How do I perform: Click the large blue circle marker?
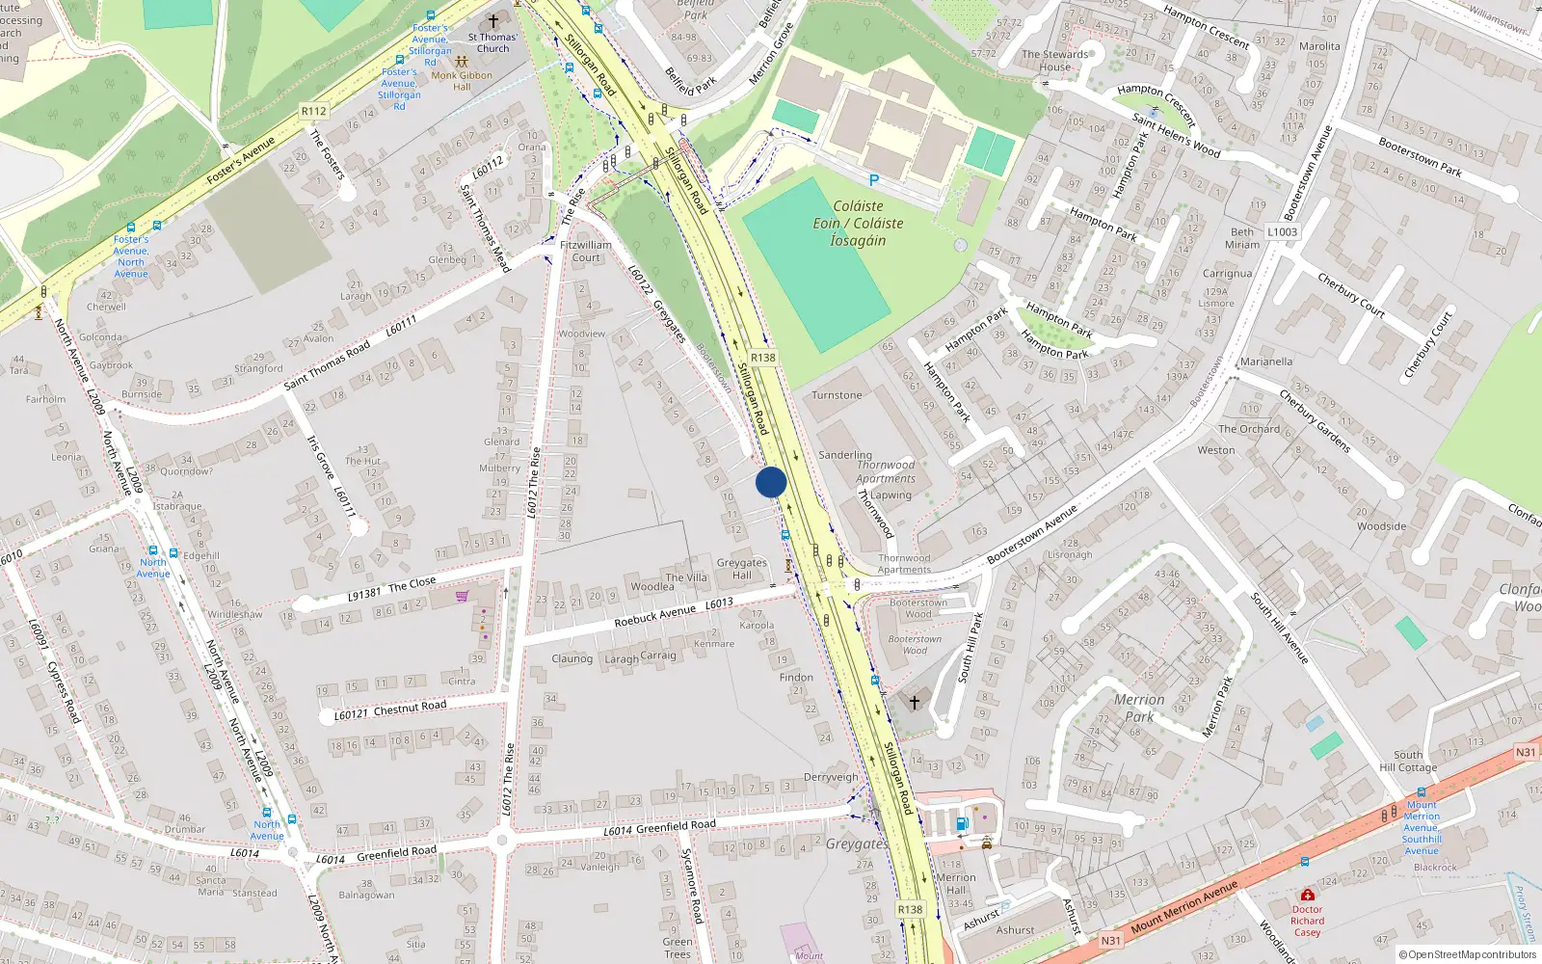tap(771, 482)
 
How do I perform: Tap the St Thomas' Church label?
tap(492, 42)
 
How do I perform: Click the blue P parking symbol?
tap(874, 180)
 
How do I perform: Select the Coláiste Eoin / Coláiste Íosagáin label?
tap(858, 223)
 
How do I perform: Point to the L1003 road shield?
tap(1282, 231)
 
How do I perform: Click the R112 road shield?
tap(314, 111)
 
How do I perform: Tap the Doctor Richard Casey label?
tap(1307, 921)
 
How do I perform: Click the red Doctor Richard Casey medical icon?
tap(1307, 895)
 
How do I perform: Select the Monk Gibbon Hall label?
tap(462, 81)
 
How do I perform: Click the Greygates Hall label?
tap(741, 569)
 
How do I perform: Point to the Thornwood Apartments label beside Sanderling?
tap(886, 471)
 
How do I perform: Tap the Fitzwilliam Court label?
tap(586, 251)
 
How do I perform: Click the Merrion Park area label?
tap(1139, 708)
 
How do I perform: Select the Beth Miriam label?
tap(1242, 238)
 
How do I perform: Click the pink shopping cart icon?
tap(463, 596)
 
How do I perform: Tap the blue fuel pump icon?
tap(961, 823)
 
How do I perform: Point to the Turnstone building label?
tap(837, 395)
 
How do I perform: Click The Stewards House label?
tap(1054, 61)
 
